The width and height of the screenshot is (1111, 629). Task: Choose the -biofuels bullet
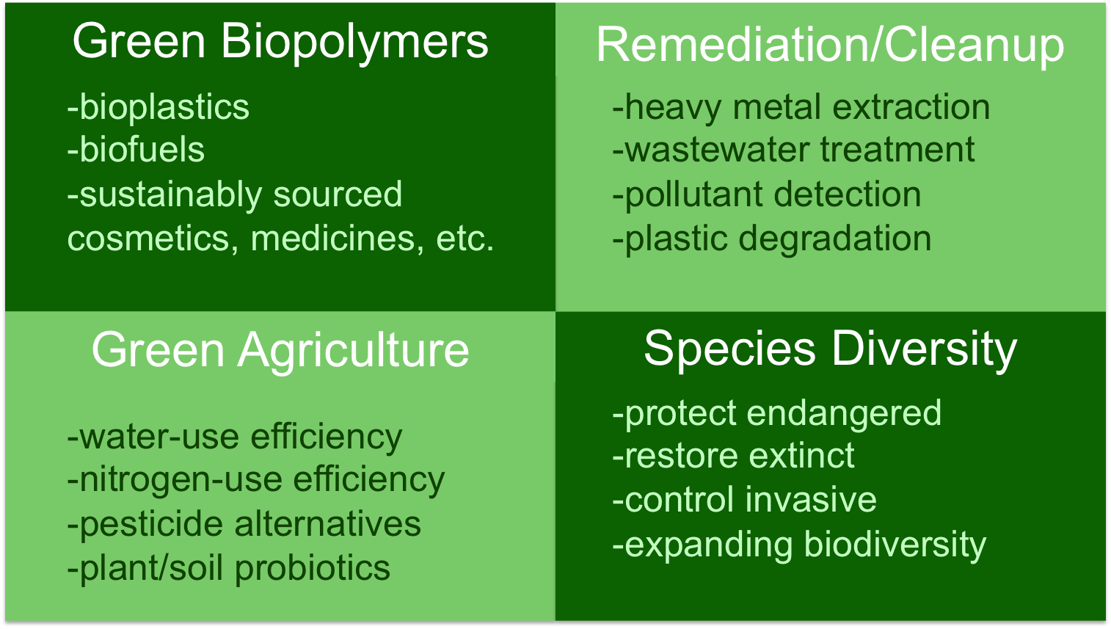click(136, 149)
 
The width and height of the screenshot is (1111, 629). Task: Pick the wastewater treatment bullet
click(793, 149)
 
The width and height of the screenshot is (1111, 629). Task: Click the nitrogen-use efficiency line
click(256, 481)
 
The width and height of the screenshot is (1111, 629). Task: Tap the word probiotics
click(313, 569)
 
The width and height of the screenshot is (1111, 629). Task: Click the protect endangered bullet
click(776, 414)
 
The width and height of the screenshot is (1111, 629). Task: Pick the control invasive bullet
click(745, 500)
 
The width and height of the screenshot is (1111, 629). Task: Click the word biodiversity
click(895, 545)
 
